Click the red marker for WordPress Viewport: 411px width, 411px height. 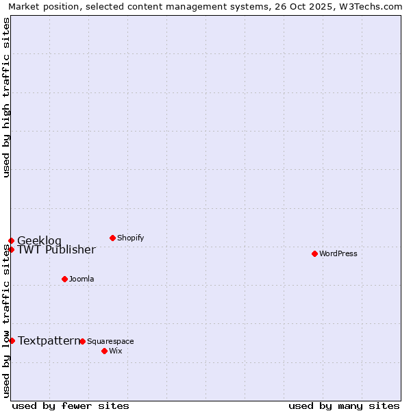tap(314, 253)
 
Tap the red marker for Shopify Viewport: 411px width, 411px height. tap(112, 238)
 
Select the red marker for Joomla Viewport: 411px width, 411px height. tap(64, 279)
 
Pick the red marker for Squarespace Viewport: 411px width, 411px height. tap(82, 341)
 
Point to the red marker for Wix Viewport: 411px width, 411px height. tap(104, 351)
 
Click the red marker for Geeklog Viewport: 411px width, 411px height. tap(11, 240)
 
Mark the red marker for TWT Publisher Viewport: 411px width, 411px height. tap(11, 249)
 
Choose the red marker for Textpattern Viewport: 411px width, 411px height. tap(12, 340)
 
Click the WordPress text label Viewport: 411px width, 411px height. tap(338, 253)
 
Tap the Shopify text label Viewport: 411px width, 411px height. tap(131, 238)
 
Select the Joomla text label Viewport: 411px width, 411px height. tap(82, 279)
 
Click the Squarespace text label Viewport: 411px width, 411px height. tap(110, 341)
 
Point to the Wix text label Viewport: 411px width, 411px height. tap(116, 351)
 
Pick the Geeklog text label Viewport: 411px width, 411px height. tap(39, 240)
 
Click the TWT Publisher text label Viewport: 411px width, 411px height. tap(56, 249)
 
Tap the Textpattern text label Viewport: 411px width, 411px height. tap(49, 340)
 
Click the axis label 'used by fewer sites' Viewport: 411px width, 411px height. tap(71, 406)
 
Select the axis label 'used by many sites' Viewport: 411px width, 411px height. tap(344, 406)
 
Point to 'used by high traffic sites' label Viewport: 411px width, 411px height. tap(6, 97)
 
